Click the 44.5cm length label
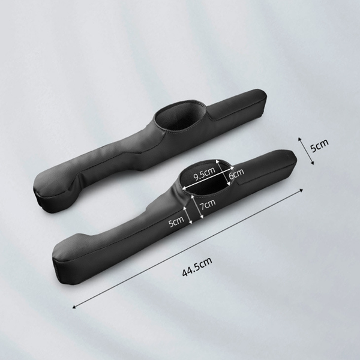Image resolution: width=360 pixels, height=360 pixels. coord(197,266)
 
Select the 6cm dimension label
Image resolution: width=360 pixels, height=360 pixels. coord(236,174)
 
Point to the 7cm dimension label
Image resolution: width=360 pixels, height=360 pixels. coord(208,205)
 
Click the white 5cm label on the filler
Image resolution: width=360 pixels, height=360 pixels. coord(176,221)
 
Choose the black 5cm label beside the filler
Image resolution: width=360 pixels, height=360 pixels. coord(320,146)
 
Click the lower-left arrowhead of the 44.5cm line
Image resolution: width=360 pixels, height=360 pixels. coord(74,307)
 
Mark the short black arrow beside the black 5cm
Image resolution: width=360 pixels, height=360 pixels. coord(306,151)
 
